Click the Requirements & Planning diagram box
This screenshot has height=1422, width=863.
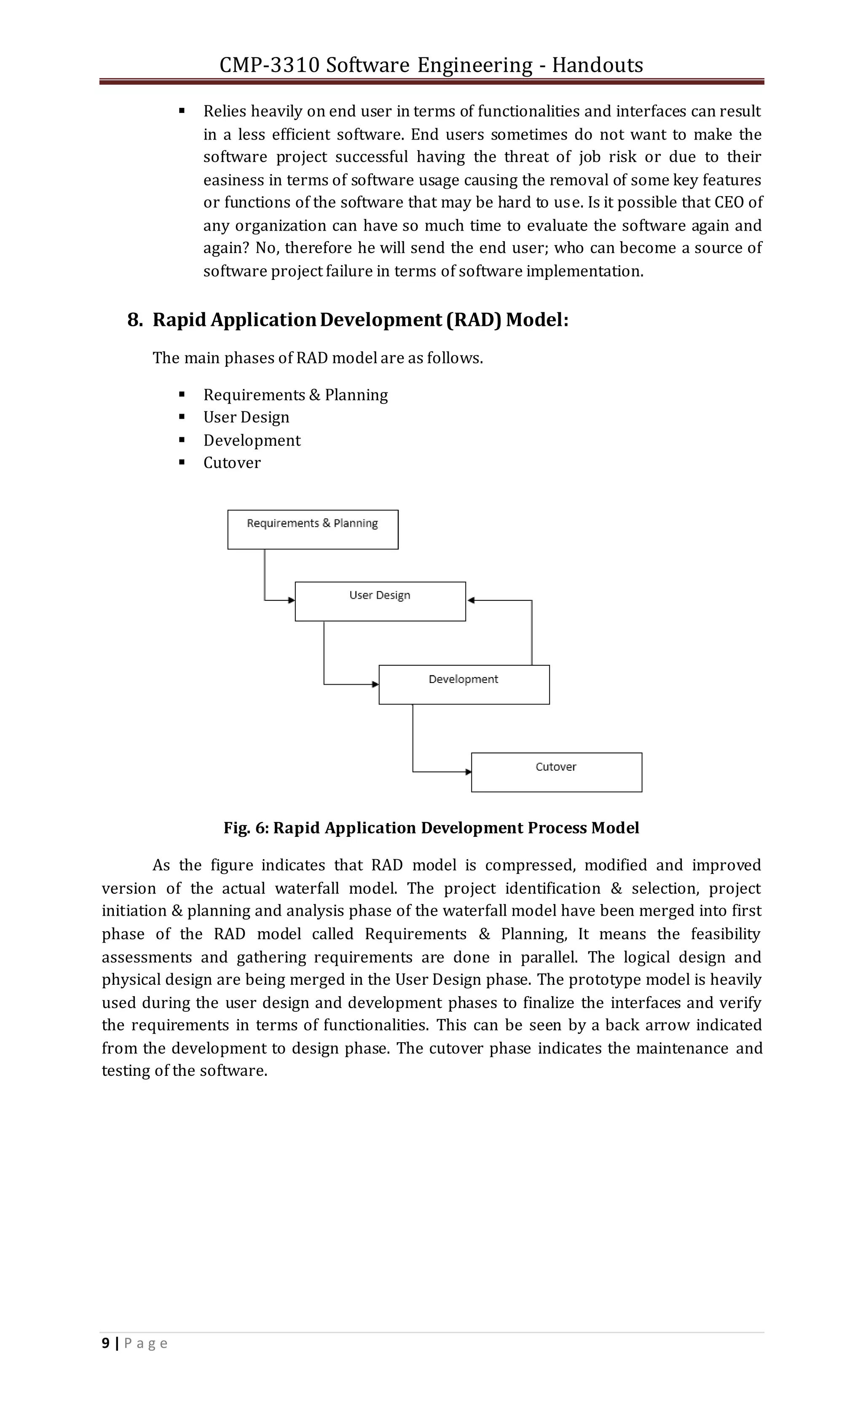coord(313,529)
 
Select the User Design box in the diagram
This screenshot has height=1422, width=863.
coord(380,601)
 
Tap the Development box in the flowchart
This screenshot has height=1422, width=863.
coord(464,685)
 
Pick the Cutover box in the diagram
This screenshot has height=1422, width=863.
coord(556,772)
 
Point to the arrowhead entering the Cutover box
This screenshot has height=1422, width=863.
coord(469,771)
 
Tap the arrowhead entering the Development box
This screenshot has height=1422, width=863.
coord(375,685)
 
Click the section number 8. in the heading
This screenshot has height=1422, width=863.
coord(135,320)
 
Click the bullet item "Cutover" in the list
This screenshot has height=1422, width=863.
coord(232,463)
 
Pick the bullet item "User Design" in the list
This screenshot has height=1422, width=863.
coord(247,417)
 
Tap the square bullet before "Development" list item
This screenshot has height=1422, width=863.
coord(182,440)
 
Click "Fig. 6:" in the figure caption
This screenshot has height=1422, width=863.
coord(247,828)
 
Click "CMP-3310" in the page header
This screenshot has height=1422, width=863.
coord(269,65)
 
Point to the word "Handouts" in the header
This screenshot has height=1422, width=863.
coord(597,65)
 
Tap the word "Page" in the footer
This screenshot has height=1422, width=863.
coord(146,1344)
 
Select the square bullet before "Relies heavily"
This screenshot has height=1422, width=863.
coord(182,110)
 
